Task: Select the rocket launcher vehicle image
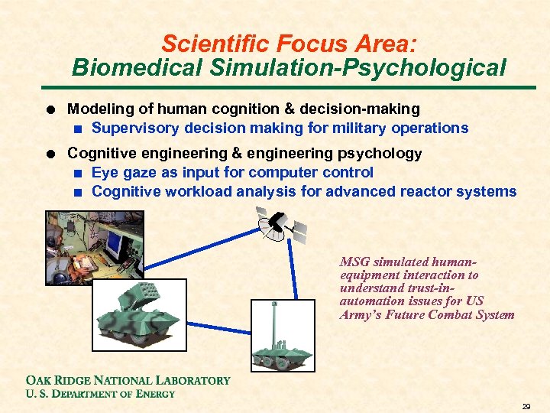coord(140,314)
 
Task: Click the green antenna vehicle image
coord(282,336)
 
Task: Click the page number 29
coord(526,405)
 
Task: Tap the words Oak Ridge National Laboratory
coord(128,380)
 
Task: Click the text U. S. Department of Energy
coord(100,394)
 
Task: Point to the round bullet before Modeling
coord(51,110)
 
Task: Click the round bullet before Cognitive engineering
coord(51,154)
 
